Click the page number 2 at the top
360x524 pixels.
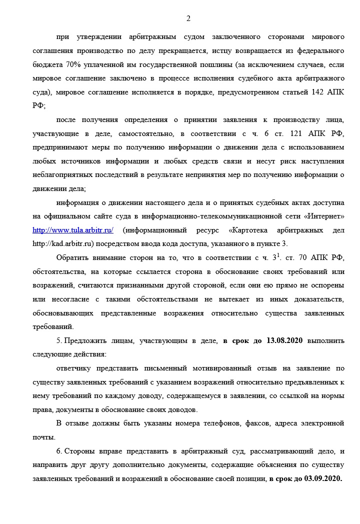point(188,19)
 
